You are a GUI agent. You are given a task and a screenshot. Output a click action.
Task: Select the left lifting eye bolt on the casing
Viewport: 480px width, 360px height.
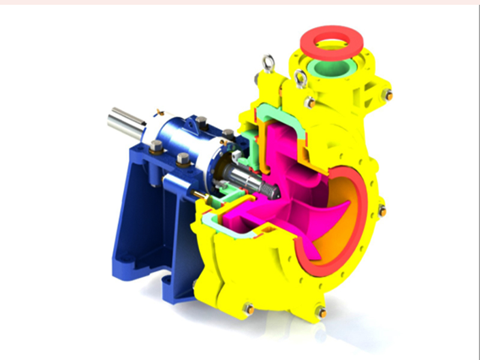(268, 62)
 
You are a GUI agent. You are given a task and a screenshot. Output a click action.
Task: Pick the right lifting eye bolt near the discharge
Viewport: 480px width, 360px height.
(301, 78)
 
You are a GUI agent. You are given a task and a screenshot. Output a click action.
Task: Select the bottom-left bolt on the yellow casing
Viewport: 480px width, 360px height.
(248, 309)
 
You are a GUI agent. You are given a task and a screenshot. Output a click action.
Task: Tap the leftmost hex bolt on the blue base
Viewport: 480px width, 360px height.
(156, 146)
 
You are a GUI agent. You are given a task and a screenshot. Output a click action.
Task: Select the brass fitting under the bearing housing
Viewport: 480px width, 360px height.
(200, 194)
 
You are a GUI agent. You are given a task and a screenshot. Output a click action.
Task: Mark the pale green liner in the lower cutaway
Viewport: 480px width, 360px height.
(222, 226)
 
